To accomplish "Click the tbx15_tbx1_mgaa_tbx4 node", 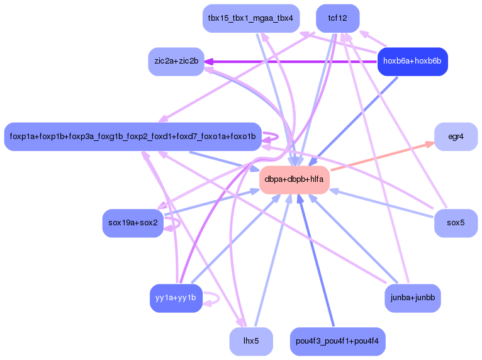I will pyautogui.click(x=250, y=18).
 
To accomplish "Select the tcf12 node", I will pyautogui.click(x=338, y=18).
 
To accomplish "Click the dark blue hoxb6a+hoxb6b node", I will pyautogui.click(x=412, y=61).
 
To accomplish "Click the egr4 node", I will pyautogui.click(x=456, y=137).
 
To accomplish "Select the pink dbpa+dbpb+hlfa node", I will pyautogui.click(x=294, y=179).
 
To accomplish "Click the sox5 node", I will pyautogui.click(x=456, y=223).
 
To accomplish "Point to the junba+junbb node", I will pyautogui.click(x=412, y=298).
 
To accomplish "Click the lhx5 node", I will pyautogui.click(x=250, y=341).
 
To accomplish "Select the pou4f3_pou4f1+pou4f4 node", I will pyautogui.click(x=338, y=341).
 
